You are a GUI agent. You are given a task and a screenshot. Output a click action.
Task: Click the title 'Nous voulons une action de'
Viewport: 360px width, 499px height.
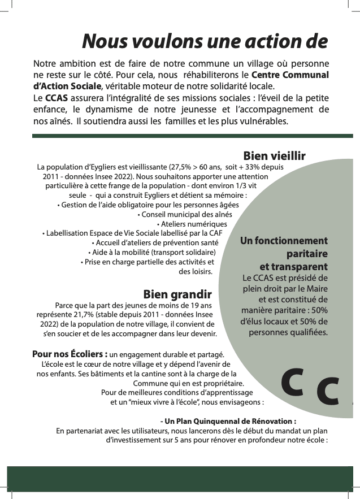click(x=205, y=41)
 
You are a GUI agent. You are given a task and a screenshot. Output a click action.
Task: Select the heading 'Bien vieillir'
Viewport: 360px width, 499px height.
click(x=274, y=155)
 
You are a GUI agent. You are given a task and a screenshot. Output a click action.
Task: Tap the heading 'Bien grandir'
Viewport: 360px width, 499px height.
click(x=177, y=294)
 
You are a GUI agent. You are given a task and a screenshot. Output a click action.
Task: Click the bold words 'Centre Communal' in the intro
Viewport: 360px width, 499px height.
click(x=290, y=75)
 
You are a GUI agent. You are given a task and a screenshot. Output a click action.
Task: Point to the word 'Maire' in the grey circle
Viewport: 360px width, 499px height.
click(x=316, y=288)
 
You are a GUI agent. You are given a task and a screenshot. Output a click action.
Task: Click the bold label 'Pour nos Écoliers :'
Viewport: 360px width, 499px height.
click(x=70, y=354)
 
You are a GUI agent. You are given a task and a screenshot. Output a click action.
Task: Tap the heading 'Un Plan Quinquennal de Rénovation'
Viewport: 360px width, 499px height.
click(x=230, y=421)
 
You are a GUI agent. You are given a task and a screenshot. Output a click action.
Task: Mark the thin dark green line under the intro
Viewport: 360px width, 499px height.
click(x=192, y=136)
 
